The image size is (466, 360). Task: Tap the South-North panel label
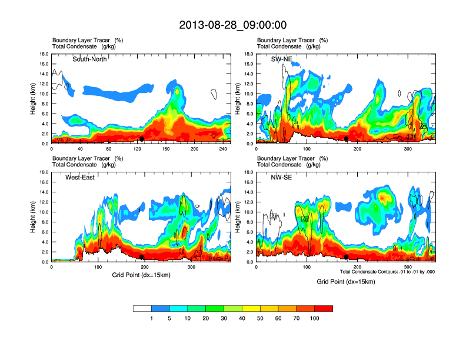pyautogui.click(x=89, y=59)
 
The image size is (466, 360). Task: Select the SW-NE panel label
pyautogui.click(x=281, y=59)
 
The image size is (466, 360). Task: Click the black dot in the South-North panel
pyautogui.click(x=142, y=139)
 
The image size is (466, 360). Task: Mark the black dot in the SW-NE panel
pyautogui.click(x=347, y=139)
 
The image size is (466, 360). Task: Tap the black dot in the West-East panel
pyautogui.click(x=142, y=257)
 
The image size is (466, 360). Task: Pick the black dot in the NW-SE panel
pyautogui.click(x=347, y=257)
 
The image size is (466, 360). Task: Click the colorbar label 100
pyautogui.click(x=315, y=318)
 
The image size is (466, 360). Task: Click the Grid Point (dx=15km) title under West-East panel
pyautogui.click(x=141, y=275)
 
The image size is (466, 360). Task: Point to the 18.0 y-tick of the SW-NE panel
pyautogui.click(x=249, y=54)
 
